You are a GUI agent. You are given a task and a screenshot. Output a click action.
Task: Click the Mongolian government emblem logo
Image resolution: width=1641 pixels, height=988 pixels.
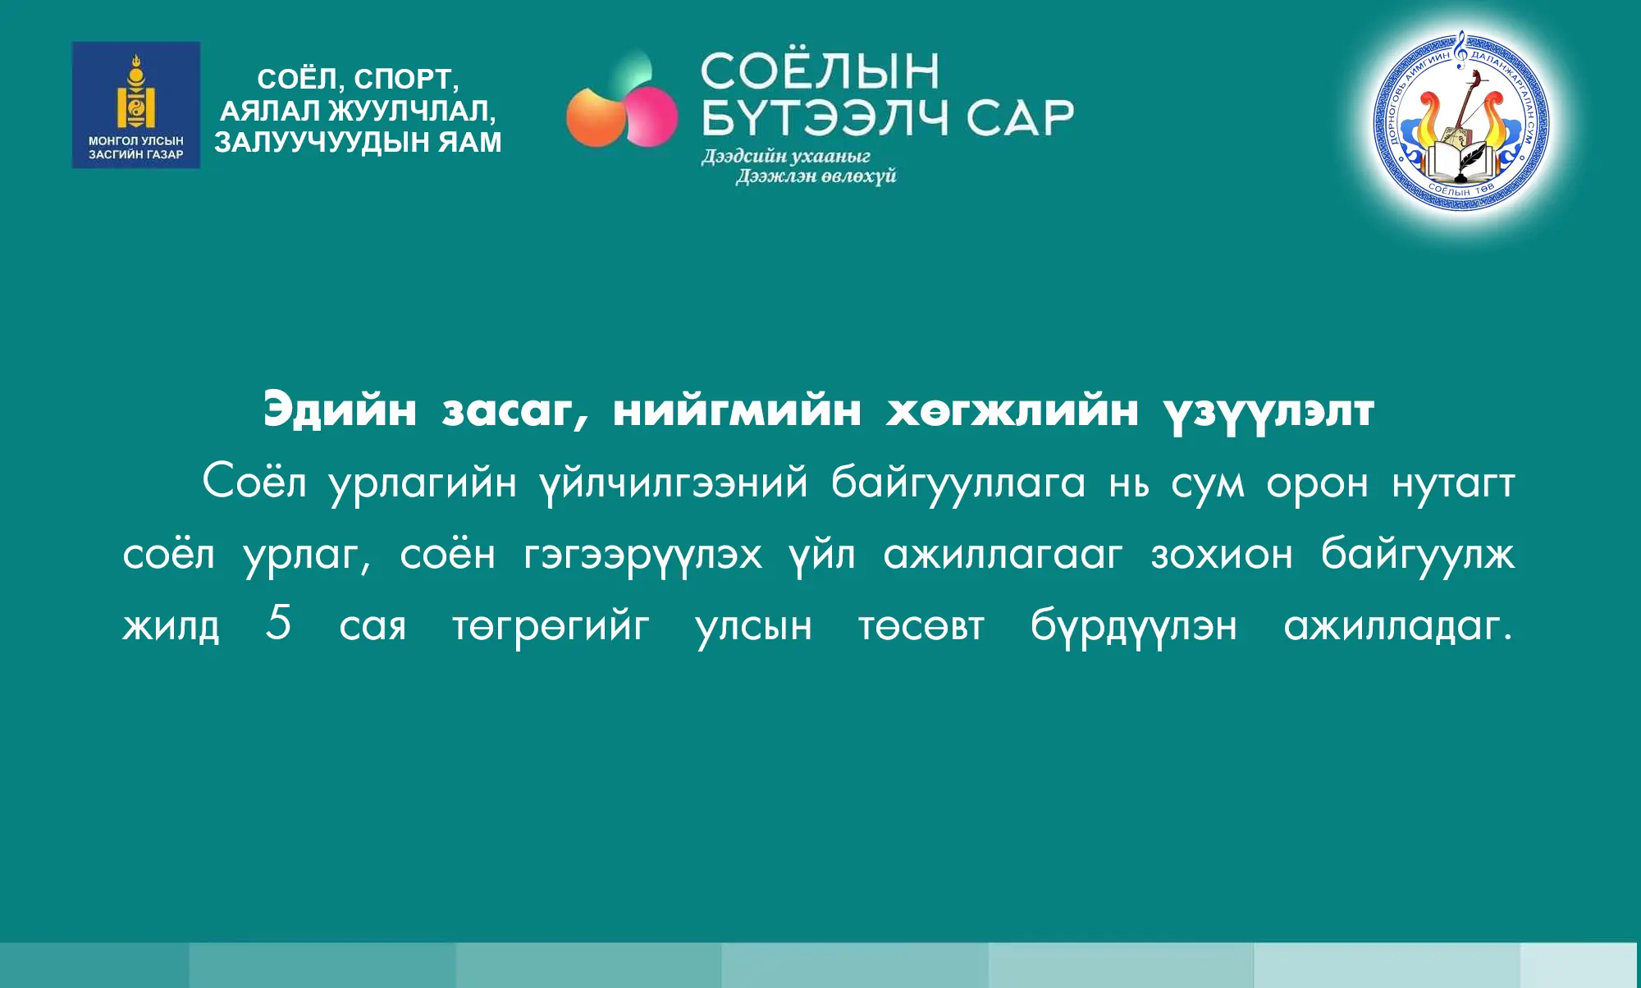(136, 105)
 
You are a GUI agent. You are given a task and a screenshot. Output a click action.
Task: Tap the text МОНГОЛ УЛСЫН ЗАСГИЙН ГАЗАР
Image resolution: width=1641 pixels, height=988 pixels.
(136, 148)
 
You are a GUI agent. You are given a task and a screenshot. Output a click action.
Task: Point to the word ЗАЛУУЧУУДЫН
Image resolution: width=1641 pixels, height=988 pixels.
(322, 142)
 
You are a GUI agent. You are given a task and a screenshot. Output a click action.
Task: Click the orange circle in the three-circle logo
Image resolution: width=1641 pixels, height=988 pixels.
(594, 117)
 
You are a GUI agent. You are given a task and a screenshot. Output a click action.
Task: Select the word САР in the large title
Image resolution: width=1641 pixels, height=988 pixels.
(1020, 117)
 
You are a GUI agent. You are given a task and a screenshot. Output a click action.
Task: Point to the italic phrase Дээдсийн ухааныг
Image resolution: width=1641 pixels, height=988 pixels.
(785, 156)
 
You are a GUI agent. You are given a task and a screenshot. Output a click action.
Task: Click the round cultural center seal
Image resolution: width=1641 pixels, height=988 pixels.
(1461, 121)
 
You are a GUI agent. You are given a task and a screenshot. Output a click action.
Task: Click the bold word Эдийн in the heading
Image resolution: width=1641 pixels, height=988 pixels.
(340, 409)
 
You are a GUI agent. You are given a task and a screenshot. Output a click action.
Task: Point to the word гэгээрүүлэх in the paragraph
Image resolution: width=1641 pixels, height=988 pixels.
(642, 556)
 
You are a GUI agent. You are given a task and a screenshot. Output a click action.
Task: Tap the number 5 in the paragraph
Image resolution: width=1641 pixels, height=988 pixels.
(279, 621)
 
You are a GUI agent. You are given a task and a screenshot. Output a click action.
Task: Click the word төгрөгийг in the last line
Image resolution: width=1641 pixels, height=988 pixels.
(551, 627)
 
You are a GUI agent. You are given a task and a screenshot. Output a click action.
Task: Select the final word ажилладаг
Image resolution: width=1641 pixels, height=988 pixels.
(1398, 627)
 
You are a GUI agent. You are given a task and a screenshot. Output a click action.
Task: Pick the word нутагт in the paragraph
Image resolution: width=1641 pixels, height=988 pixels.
(1453, 484)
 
